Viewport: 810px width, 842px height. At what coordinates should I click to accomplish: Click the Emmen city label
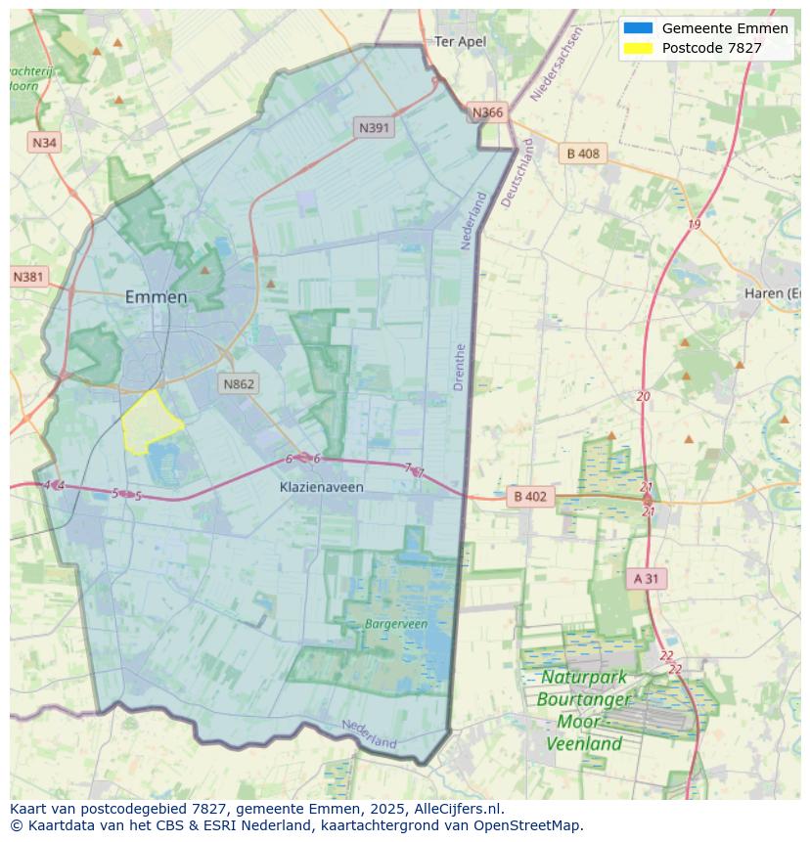[156, 297]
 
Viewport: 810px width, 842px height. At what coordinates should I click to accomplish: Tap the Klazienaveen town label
[321, 486]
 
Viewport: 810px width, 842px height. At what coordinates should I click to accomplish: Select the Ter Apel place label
[460, 41]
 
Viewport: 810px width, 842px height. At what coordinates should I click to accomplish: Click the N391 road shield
[375, 127]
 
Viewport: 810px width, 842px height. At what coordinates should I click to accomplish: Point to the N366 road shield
[487, 112]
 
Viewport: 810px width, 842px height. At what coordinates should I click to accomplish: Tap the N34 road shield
[44, 143]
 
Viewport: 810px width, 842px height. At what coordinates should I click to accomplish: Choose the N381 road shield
[28, 277]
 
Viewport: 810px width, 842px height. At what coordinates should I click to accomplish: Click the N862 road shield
[239, 383]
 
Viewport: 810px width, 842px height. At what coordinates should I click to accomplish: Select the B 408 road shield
[583, 154]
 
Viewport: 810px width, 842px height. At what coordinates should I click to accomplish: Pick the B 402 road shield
[529, 497]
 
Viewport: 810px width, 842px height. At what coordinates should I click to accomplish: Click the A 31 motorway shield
[646, 578]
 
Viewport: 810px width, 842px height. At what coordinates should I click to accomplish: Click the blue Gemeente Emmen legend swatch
[637, 28]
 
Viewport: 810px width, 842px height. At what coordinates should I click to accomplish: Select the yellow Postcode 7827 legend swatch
[637, 48]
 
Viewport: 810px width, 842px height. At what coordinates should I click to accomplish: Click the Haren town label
[773, 293]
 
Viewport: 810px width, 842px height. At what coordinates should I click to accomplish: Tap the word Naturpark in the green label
[584, 678]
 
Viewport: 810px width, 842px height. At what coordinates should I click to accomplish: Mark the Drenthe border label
[460, 367]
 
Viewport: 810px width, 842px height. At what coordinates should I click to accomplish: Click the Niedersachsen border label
[557, 65]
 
